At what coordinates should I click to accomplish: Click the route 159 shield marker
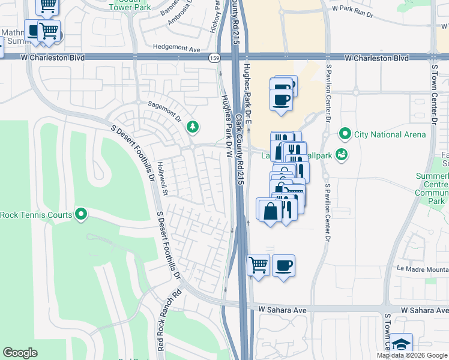(214, 58)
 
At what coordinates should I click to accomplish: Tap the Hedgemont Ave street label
(176, 46)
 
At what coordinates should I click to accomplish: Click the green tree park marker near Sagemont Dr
(192, 127)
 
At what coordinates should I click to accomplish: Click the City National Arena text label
(390, 134)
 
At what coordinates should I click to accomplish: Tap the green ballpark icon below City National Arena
(342, 155)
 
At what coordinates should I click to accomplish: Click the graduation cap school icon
(401, 344)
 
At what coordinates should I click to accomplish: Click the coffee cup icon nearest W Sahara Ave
(283, 265)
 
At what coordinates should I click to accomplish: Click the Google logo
(20, 353)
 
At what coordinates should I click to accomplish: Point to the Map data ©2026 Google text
(412, 355)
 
